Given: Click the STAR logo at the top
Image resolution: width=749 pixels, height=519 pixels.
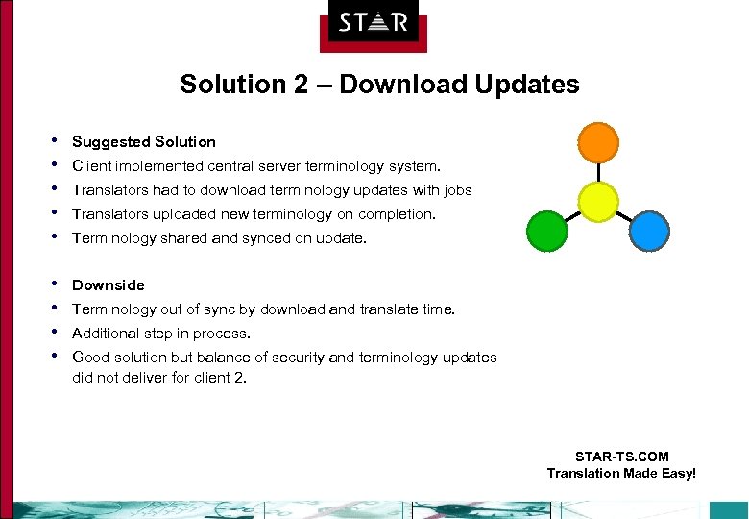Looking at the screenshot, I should [x=374, y=23].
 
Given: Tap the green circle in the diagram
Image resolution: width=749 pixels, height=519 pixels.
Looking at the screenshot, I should [x=547, y=232].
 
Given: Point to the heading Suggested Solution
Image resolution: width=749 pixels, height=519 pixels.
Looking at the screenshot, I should [x=144, y=142].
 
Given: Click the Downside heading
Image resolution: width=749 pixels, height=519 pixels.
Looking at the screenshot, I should [x=109, y=285].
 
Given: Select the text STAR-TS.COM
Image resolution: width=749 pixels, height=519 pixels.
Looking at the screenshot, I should [x=621, y=457].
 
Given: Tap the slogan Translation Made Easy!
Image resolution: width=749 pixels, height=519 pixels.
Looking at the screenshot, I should [x=621, y=473].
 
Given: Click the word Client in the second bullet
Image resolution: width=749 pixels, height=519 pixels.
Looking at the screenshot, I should [x=91, y=166].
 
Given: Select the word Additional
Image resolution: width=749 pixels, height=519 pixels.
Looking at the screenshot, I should [x=106, y=334].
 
